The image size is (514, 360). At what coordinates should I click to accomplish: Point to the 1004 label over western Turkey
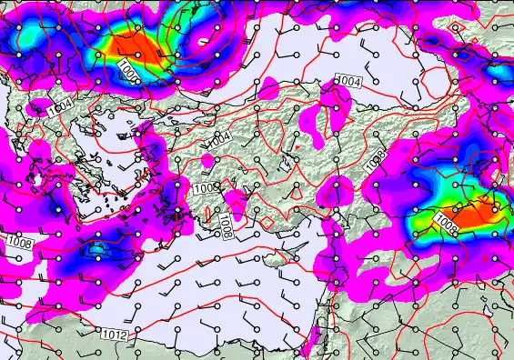(x=218, y=138)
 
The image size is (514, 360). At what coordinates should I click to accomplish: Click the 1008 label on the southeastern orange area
(x=445, y=220)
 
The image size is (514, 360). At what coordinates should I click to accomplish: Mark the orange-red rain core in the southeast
(x=473, y=215)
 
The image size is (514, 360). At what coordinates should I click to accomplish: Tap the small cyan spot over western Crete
(x=96, y=246)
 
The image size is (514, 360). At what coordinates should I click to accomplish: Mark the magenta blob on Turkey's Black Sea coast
(x=269, y=88)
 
